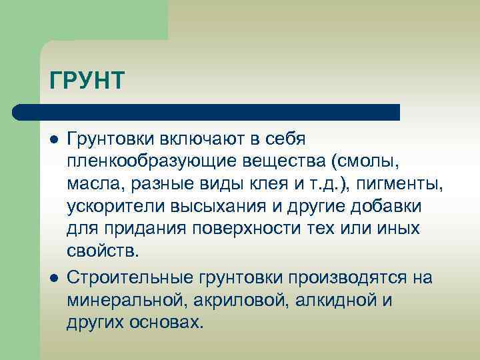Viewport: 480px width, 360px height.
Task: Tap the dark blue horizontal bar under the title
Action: click(207, 112)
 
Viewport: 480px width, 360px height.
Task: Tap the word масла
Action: click(89, 185)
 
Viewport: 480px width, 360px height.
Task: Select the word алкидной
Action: click(327, 299)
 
